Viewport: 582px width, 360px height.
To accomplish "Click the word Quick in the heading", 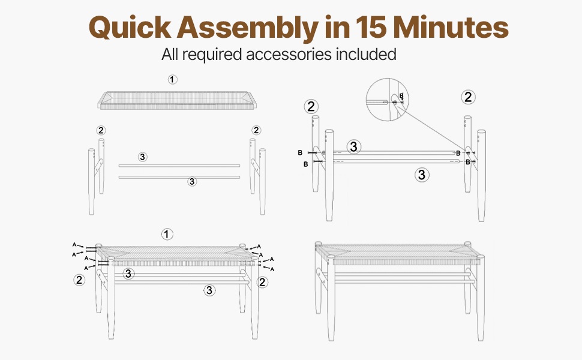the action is (130, 27).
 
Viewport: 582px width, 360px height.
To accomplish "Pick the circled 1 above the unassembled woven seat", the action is (173, 79).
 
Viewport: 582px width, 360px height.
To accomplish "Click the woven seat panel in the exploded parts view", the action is (176, 100).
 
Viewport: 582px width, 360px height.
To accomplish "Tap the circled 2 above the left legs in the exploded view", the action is (101, 130).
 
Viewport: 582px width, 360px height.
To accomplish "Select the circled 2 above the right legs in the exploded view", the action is (256, 130).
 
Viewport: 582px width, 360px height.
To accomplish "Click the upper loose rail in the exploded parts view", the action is (179, 166).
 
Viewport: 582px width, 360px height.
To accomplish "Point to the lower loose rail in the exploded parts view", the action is (179, 177).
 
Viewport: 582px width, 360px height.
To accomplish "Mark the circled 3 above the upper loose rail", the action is (143, 157).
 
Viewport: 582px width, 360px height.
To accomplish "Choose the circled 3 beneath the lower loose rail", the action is (192, 181).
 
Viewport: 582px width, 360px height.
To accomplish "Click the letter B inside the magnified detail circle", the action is (401, 96).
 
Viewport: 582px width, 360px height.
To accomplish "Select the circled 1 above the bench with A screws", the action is (167, 234).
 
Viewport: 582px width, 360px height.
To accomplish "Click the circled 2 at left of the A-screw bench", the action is (79, 280).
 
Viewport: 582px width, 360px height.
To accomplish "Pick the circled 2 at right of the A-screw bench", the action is (262, 282).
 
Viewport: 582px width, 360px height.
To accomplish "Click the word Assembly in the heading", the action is (247, 28).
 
